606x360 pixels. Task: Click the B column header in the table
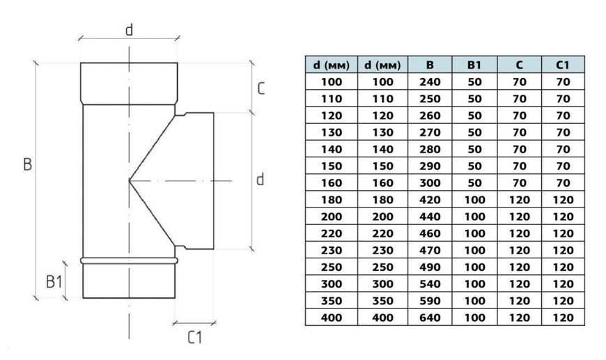430,65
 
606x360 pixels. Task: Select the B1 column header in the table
474,65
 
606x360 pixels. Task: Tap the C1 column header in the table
563,65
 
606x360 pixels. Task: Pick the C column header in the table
519,65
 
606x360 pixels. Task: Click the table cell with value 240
430,82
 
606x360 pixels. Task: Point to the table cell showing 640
430,318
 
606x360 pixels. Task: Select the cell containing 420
430,200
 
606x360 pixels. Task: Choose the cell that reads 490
430,267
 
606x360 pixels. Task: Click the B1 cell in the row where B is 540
474,284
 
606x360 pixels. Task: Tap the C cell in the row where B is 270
519,132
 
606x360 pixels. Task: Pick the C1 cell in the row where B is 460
563,233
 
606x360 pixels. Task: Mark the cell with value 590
430,301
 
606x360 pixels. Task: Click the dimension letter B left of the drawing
27,164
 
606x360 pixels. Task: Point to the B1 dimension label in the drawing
54,281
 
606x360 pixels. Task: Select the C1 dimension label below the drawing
194,337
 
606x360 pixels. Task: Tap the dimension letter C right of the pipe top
261,88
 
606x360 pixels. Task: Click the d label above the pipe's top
130,29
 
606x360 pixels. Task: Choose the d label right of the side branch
261,179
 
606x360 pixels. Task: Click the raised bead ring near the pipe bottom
129,260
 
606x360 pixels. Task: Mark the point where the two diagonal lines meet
129,180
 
